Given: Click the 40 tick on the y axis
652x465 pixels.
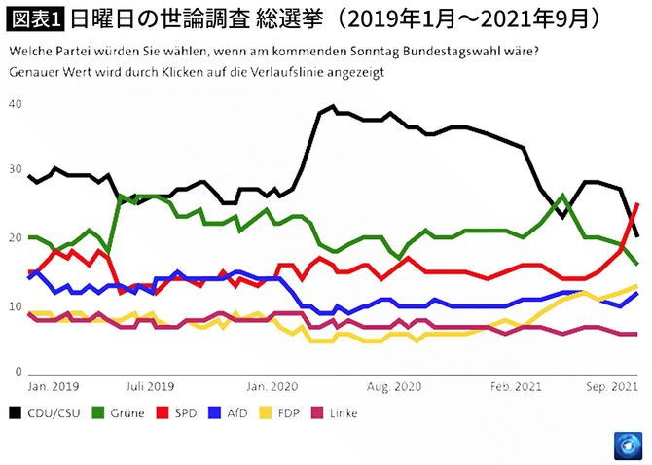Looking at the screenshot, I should (x=14, y=103).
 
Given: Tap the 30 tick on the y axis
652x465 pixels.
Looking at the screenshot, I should (x=14, y=170).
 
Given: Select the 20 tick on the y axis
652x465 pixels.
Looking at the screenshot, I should (x=14, y=238).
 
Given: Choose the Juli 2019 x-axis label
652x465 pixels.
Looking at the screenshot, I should (x=151, y=386).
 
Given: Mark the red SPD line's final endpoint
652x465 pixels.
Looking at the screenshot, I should (x=637, y=204).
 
